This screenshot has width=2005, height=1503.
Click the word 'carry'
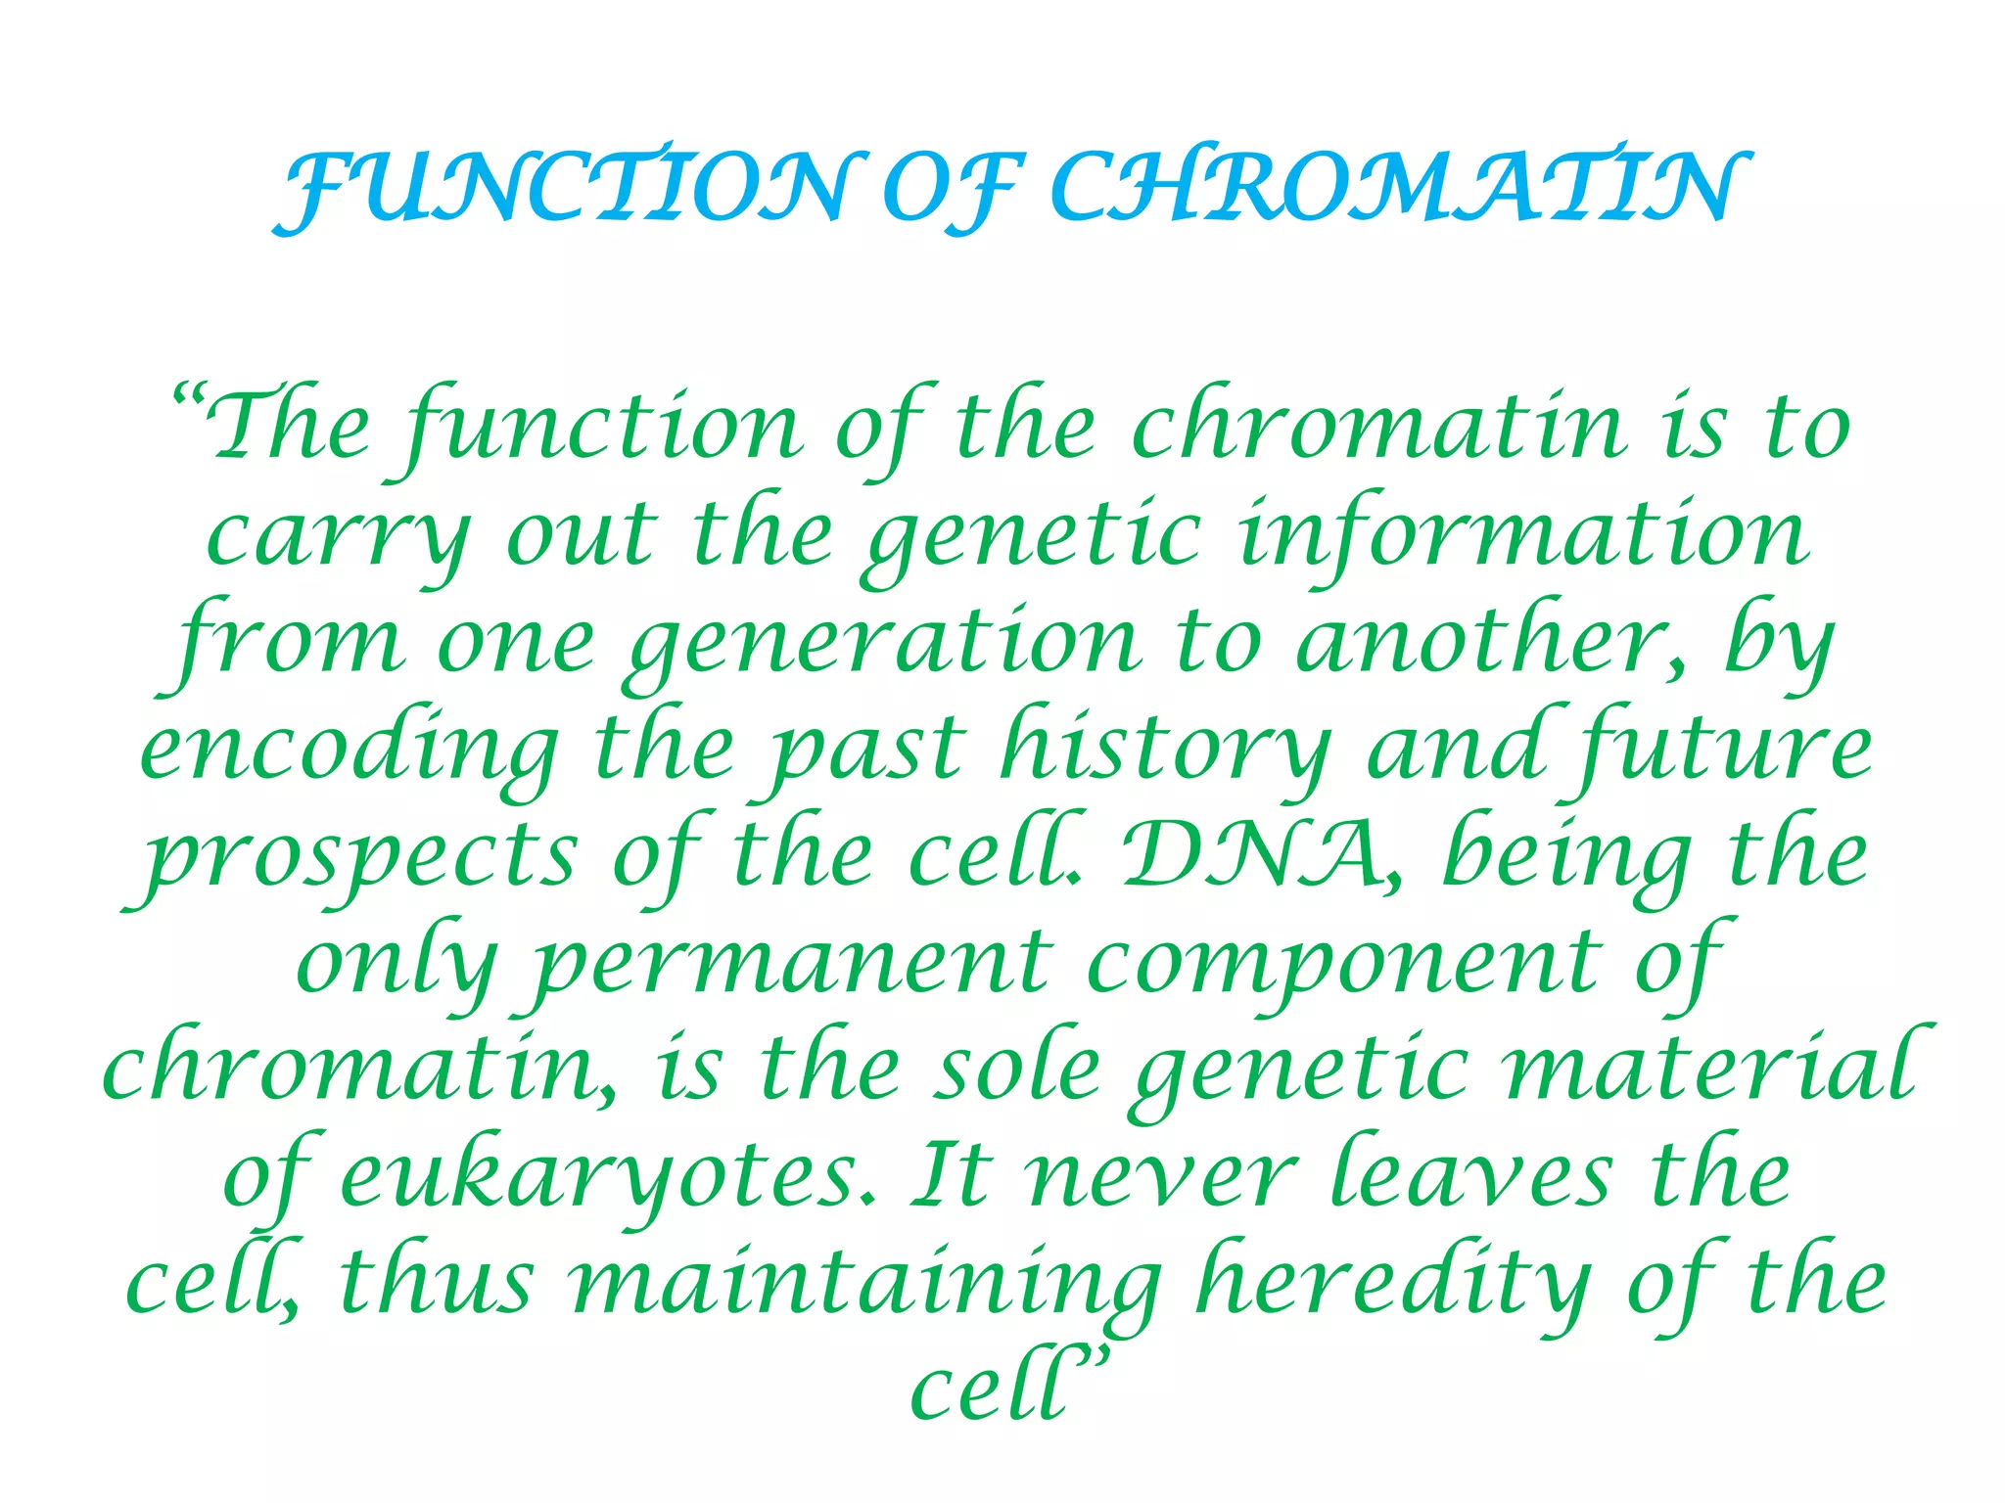338,538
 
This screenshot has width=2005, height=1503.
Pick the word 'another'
1487,641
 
